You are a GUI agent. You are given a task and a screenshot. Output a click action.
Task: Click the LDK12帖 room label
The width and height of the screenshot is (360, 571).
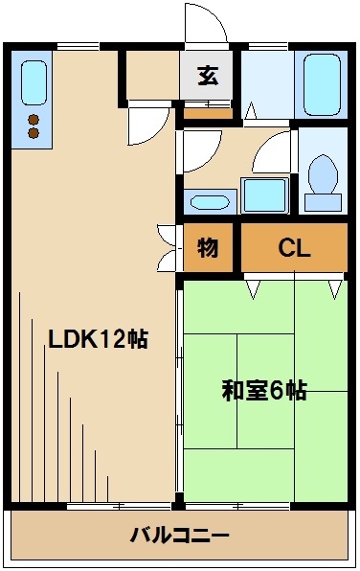tap(98, 338)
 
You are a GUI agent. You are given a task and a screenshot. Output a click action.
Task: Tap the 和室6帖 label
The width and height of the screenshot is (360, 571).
tap(264, 391)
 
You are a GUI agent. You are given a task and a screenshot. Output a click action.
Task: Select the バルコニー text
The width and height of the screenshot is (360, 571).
tap(180, 534)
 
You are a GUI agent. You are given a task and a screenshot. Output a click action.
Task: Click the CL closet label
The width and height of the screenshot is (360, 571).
tap(294, 248)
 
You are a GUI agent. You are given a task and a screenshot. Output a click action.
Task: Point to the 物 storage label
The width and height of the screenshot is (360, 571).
tap(208, 248)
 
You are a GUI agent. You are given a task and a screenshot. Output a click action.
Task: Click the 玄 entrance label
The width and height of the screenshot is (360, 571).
tap(208, 76)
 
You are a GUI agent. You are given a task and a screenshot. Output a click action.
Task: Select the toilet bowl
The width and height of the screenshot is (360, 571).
tap(324, 175)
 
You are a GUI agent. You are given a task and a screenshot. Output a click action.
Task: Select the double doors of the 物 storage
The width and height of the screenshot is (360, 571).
tap(169, 247)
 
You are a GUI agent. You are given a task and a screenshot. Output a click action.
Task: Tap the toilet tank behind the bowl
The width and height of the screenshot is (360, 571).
tap(324, 202)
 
